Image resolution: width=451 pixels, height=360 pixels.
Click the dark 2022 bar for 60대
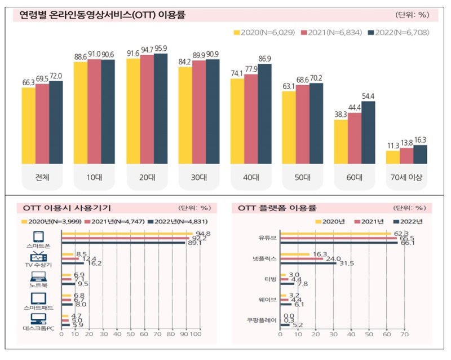(x=368, y=133)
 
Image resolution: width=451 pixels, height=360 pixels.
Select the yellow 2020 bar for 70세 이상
(x=392, y=157)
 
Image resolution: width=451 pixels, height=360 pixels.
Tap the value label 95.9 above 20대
(x=160, y=49)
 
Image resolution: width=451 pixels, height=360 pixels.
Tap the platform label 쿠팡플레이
(x=262, y=320)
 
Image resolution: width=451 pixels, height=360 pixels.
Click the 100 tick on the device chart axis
(x=196, y=334)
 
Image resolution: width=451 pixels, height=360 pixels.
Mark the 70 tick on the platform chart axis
(x=404, y=334)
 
